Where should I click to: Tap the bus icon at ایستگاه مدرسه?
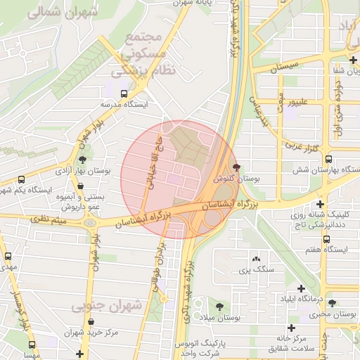pos(124,93)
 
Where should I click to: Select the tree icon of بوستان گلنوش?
pos(236,167)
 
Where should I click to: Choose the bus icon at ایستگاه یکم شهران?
pos(21,179)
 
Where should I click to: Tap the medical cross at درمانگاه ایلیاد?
pos(302,288)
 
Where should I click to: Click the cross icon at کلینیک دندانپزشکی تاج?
pos(320,204)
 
